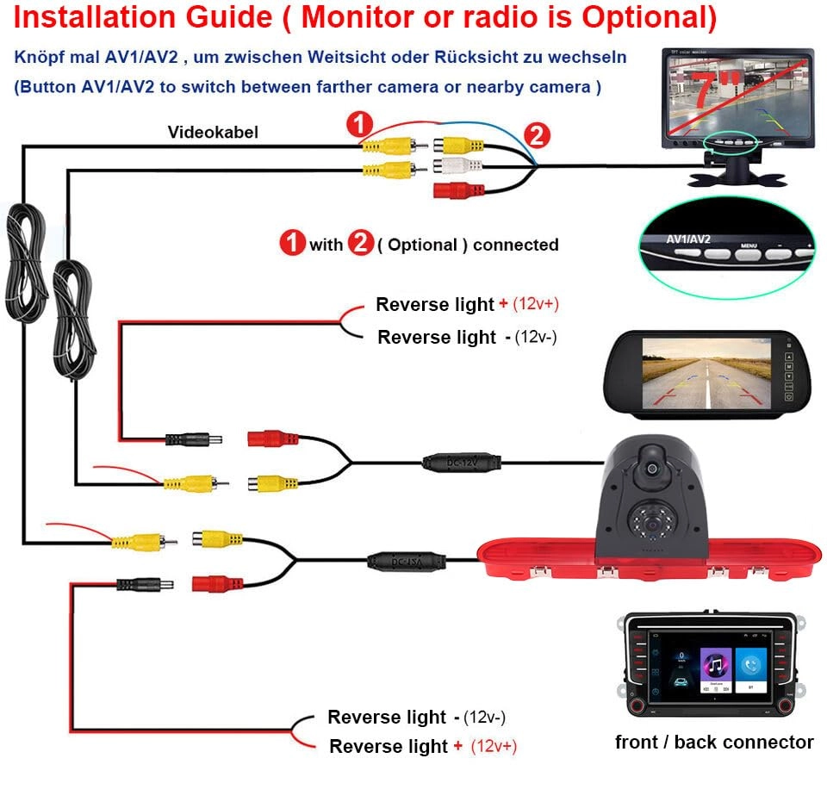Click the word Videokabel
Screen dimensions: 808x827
point(213,132)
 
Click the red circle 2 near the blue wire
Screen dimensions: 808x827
point(536,135)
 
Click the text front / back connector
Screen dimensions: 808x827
point(713,742)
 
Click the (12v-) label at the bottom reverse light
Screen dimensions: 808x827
point(483,717)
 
